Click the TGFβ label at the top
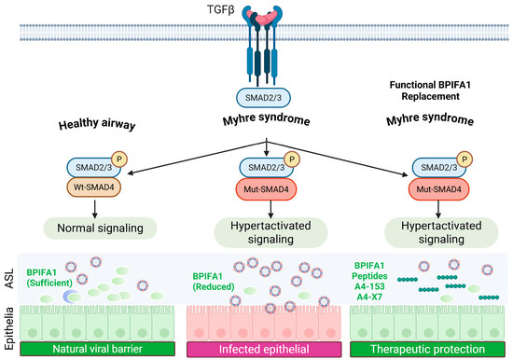click(221, 10)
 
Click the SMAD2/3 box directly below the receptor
click(263, 98)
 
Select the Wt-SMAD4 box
click(94, 187)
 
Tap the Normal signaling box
click(100, 228)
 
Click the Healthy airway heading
click(97, 124)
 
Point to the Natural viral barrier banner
click(98, 349)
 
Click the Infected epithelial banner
click(264, 349)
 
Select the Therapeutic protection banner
click(427, 349)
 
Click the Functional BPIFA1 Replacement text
click(430, 90)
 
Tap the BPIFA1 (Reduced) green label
click(214, 282)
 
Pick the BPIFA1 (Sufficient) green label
click(49, 278)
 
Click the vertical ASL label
click(9, 279)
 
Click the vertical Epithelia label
click(9, 328)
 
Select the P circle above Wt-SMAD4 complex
click(119, 159)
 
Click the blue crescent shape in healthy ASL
click(69, 296)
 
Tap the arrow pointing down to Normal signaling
click(95, 209)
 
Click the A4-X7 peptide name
click(369, 297)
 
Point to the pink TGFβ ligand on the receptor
click(262, 17)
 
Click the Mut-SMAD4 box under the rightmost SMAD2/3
click(438, 189)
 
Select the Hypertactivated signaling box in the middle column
click(270, 232)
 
